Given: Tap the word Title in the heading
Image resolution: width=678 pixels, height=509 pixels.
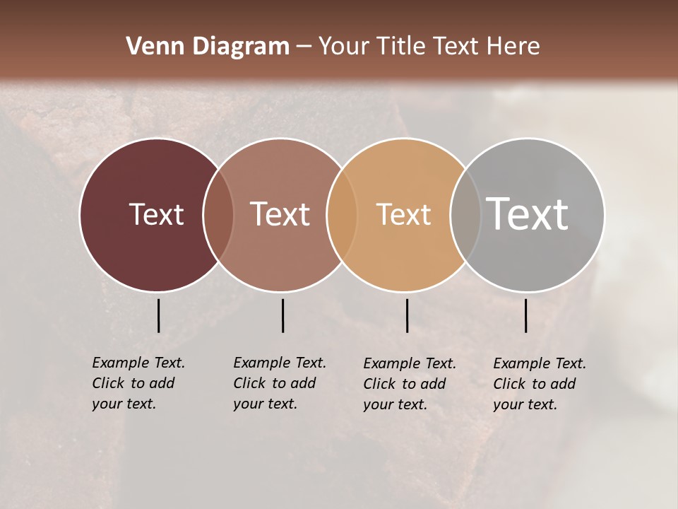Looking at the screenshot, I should point(402,47).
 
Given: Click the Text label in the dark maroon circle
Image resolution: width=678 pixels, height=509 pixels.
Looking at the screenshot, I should point(156,214).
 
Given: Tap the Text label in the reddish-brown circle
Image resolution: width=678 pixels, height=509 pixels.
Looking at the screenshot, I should point(280,214).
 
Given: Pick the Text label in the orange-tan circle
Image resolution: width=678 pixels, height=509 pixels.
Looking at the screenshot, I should point(403,214).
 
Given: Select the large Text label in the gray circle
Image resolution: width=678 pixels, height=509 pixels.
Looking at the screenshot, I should point(527,213).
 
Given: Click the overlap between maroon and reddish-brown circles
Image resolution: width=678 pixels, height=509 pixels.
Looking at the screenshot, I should point(218,215).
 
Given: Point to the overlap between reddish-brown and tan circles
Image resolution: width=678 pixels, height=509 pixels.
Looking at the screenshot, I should point(342,215).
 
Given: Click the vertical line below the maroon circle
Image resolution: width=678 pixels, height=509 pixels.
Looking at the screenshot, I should point(158,315).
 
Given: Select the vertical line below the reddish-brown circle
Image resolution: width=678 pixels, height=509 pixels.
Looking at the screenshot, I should point(282,315).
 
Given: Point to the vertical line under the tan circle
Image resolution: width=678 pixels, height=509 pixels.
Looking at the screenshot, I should point(407,315).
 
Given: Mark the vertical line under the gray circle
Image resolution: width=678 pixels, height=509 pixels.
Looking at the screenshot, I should point(525,315).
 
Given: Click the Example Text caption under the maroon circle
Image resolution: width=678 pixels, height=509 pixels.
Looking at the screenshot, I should point(138,383).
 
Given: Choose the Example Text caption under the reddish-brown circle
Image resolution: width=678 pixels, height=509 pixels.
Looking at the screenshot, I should point(279,383).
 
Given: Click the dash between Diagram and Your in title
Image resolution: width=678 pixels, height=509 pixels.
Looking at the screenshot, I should point(304,47).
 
